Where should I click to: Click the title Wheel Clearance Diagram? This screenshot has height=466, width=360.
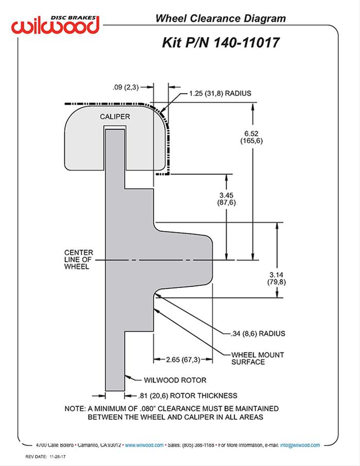[220, 19]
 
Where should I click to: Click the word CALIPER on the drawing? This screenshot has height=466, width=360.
[114, 117]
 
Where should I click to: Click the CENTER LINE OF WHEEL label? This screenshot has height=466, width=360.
[79, 260]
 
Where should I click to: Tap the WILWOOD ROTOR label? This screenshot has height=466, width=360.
[174, 380]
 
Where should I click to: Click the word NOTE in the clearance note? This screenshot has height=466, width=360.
[74, 408]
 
